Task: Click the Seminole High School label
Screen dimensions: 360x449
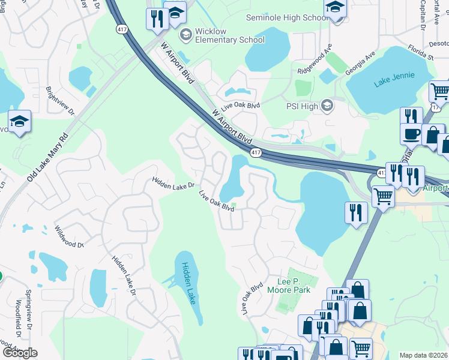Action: click(x=287, y=17)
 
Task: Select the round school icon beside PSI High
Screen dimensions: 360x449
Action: click(x=327, y=107)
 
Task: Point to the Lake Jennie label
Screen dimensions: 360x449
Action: click(x=394, y=82)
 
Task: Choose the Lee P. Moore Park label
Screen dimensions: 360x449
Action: click(x=289, y=286)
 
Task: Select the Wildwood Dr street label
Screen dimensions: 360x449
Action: click(x=69, y=236)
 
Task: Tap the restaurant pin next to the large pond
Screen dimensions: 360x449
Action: click(x=356, y=212)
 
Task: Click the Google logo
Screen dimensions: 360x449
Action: click(x=19, y=352)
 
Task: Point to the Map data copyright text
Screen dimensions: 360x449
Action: click(x=423, y=355)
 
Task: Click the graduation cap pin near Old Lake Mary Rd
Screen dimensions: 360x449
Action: click(x=19, y=122)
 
